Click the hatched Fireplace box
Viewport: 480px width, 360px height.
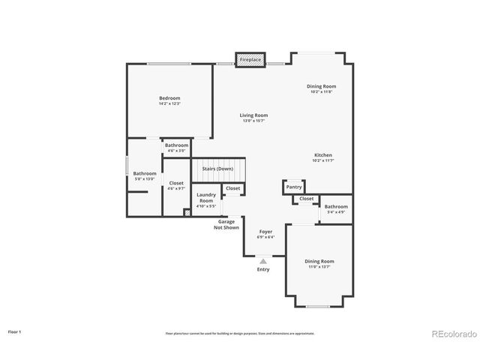pyautogui.click(x=250, y=59)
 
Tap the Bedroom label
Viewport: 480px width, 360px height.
pyautogui.click(x=169, y=98)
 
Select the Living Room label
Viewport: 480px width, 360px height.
pyautogui.click(x=253, y=115)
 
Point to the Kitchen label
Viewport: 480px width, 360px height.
pyautogui.click(x=322, y=155)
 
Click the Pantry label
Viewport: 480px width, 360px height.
pyautogui.click(x=294, y=187)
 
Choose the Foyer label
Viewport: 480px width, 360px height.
pyautogui.click(x=265, y=232)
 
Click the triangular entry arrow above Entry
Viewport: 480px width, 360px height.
pyautogui.click(x=263, y=261)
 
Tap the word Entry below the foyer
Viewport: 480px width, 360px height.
pyautogui.click(x=263, y=269)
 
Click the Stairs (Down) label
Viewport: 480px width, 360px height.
pyautogui.click(x=217, y=169)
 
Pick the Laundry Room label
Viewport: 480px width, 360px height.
pyautogui.click(x=206, y=198)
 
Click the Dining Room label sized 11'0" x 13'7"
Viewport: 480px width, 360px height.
pyautogui.click(x=319, y=261)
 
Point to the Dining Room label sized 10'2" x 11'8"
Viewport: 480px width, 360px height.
pyautogui.click(x=321, y=86)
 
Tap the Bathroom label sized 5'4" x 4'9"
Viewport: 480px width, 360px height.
pyautogui.click(x=336, y=206)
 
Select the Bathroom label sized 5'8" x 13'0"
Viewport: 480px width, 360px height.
pyautogui.click(x=145, y=173)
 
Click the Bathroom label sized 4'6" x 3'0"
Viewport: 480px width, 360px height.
pyautogui.click(x=177, y=145)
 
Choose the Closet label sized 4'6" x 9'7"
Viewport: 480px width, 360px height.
pyautogui.click(x=176, y=183)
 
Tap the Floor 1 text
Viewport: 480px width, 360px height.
pyautogui.click(x=14, y=331)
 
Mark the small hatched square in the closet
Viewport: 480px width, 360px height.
pyautogui.click(x=187, y=212)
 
